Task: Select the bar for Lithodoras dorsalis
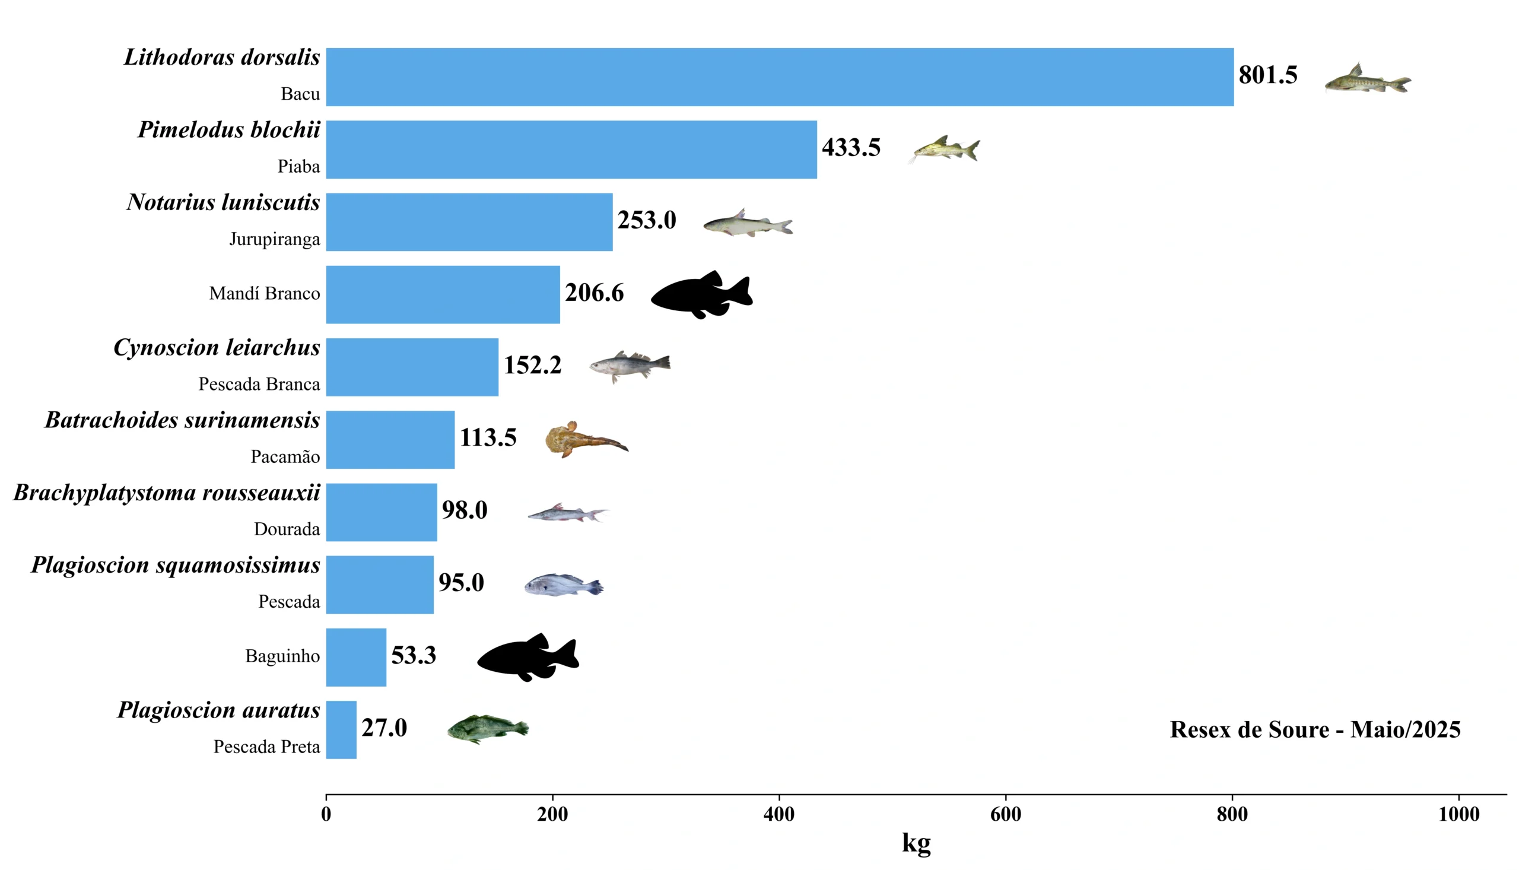(x=780, y=77)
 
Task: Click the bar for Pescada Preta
(x=341, y=729)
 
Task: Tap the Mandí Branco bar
(x=443, y=294)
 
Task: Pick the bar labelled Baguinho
(x=356, y=658)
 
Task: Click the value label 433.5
(x=851, y=148)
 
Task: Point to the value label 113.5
(x=487, y=437)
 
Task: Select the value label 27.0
(x=384, y=728)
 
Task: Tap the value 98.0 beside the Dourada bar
(x=464, y=510)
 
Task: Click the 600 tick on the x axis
(x=1005, y=814)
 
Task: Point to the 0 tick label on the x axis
(x=326, y=814)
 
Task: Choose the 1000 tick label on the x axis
(x=1458, y=814)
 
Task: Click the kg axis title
(x=916, y=843)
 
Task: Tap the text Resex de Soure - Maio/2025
(x=1315, y=729)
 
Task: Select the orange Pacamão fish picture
(x=585, y=439)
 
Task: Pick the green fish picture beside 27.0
(x=487, y=729)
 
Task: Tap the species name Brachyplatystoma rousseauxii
(x=167, y=493)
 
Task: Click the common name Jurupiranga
(x=274, y=240)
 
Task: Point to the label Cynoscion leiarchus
(x=216, y=348)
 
